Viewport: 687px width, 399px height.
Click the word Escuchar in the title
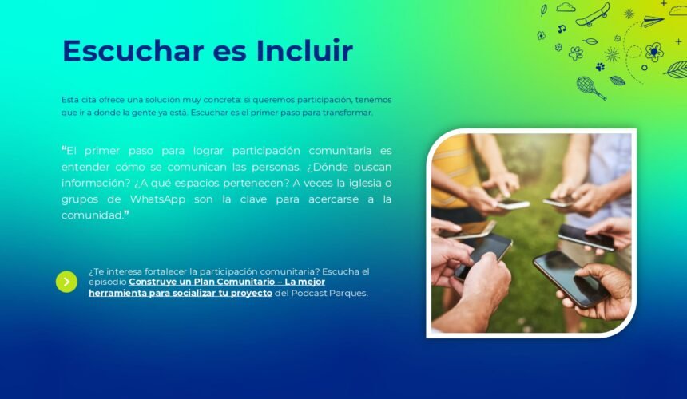click(133, 51)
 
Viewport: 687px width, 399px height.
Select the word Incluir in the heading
click(304, 50)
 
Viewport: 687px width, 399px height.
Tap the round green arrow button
click(66, 282)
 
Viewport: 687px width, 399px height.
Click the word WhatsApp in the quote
click(157, 199)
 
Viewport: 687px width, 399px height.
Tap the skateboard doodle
click(593, 15)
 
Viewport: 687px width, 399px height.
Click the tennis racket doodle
click(590, 88)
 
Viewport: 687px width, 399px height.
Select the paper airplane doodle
click(653, 21)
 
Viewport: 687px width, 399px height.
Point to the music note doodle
click(562, 29)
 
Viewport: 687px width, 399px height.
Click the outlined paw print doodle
click(576, 53)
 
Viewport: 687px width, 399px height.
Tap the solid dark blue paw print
click(600, 66)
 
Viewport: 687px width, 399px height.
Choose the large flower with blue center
click(654, 52)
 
